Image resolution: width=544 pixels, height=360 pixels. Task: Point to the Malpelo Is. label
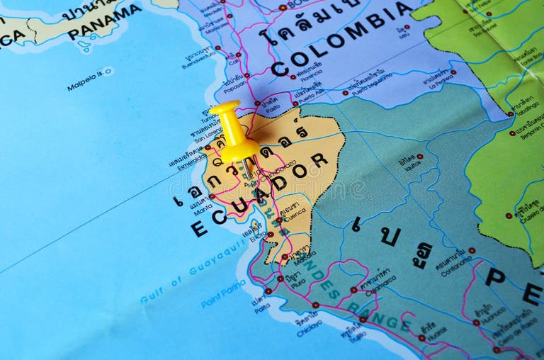[x=89, y=79]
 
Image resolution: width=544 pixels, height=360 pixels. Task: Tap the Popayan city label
[x=234, y=89]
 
